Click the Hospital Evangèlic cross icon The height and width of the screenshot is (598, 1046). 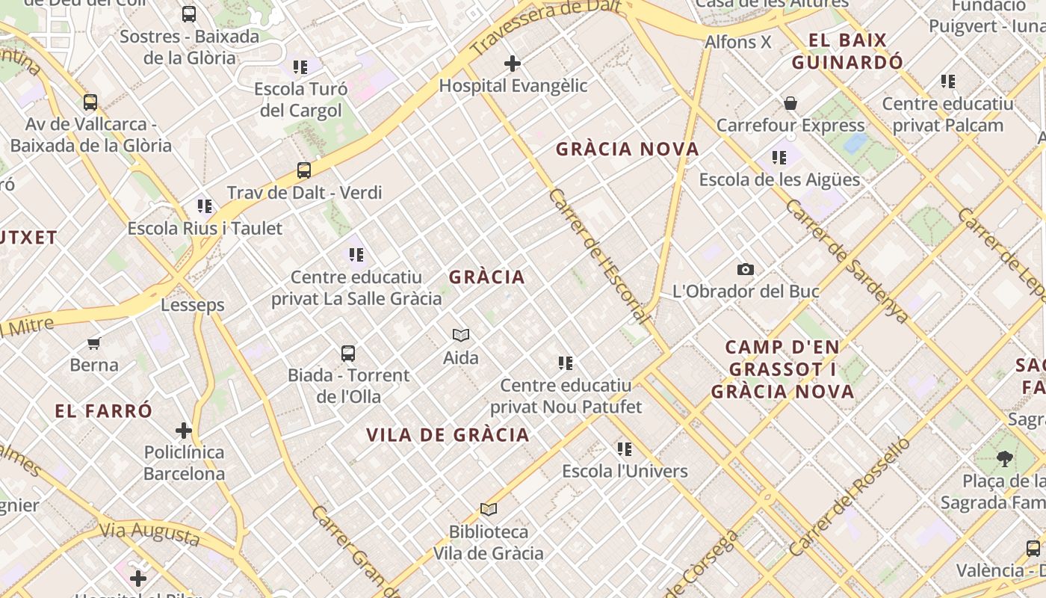513,64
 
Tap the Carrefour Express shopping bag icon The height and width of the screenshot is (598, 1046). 790,103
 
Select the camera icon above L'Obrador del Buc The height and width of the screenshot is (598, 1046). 745,270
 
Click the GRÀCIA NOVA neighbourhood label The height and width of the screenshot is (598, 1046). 628,149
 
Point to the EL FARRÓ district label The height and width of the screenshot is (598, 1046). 103,410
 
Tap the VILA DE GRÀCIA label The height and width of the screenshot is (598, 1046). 448,435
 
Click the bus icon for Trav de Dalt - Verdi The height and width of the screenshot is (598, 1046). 304,170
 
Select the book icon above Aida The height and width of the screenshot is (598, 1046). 461,336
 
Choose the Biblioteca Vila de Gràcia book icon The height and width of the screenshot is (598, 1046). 489,510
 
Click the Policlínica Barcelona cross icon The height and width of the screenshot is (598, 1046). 184,431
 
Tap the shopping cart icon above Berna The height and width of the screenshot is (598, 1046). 94,343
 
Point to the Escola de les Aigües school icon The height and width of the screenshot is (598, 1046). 779,158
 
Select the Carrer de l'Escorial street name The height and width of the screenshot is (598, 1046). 598,255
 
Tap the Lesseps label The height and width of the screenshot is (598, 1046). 193,305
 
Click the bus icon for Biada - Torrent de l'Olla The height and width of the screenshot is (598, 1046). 348,353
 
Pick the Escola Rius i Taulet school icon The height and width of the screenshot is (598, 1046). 205,206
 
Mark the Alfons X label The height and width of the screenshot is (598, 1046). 737,42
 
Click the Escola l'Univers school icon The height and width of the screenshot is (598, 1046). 625,449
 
